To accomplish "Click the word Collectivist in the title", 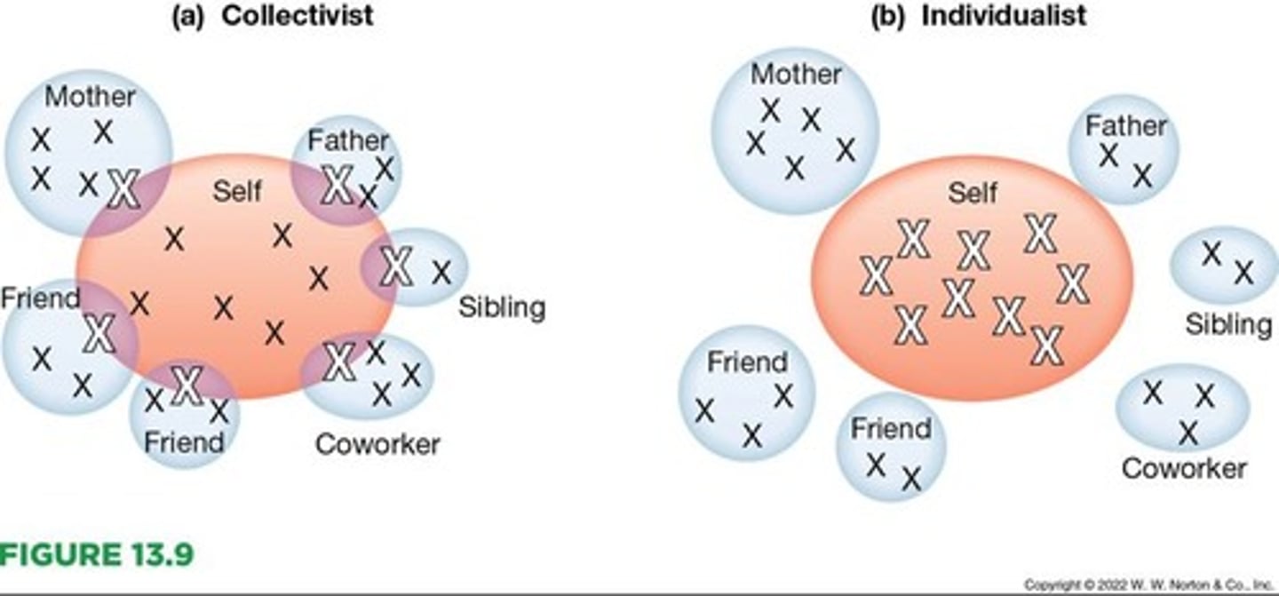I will pos(297,16).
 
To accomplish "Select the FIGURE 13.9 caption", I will pos(96,554).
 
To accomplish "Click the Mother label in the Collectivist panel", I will pos(90,96).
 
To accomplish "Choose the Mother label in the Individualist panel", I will pos(796,75).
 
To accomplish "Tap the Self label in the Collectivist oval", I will pos(237,190).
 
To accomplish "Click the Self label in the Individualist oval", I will pos(973,193).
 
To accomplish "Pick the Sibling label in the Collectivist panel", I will pos(502,307).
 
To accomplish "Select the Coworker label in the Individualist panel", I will pos(1184,468).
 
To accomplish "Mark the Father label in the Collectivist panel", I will pos(348,140).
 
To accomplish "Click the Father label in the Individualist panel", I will pos(1125,126).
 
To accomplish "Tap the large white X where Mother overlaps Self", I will pos(123,189).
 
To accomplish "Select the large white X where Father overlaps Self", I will pos(338,185).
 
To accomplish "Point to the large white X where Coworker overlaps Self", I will pos(338,362).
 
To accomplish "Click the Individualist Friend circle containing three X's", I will pos(746,393).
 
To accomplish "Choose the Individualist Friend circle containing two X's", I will pos(892,447).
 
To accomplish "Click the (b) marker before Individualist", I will pos(889,16).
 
